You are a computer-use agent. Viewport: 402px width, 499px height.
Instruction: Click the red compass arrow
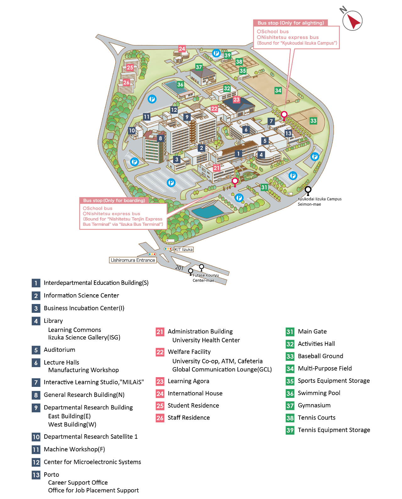354,22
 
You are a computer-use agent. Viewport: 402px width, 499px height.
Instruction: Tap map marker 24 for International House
182,49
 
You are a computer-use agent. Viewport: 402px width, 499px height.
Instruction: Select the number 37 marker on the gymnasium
199,67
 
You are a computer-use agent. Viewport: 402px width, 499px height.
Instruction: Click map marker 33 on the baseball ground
313,121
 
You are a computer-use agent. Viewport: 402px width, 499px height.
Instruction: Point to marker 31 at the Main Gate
264,187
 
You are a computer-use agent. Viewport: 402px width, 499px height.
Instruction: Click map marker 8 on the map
160,138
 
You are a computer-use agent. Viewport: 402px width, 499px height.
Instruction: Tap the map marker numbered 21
216,168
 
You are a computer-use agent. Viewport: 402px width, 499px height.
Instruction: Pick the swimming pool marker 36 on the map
180,84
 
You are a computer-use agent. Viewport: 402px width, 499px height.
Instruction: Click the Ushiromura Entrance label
133,260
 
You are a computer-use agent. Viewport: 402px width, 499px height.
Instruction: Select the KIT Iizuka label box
183,249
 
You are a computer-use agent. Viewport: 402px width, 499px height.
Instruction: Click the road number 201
179,268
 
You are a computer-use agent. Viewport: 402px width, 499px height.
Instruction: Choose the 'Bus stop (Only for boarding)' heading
114,200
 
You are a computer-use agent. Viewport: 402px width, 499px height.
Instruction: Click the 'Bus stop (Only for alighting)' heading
291,23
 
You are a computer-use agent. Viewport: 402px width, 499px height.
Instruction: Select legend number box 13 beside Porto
36,475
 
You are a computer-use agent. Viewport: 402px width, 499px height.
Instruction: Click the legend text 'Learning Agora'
188,381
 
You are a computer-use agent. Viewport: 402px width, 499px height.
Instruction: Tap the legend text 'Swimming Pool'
319,393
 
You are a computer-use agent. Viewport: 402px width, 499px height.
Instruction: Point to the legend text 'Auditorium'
59,350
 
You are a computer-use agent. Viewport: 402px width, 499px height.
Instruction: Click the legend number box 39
290,430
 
